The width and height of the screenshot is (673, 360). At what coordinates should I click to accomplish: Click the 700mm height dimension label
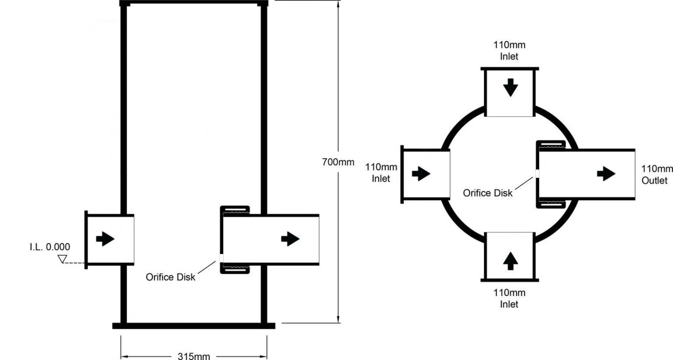click(x=338, y=162)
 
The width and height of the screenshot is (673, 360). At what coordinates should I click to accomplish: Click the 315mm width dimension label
click(x=194, y=356)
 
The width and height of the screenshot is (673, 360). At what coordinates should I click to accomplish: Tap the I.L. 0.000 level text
click(x=50, y=247)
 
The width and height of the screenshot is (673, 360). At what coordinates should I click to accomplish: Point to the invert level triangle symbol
click(x=63, y=260)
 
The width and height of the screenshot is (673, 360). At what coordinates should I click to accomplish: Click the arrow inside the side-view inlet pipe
click(x=105, y=239)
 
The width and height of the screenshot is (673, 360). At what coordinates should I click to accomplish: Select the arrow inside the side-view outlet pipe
click(x=290, y=239)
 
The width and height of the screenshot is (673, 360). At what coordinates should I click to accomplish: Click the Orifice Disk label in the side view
click(x=170, y=277)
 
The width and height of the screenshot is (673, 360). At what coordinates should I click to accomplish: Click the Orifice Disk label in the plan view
click(x=487, y=193)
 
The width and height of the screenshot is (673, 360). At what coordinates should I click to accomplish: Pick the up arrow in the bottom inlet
click(x=510, y=261)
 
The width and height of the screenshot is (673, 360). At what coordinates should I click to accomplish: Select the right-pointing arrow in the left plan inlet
click(x=421, y=174)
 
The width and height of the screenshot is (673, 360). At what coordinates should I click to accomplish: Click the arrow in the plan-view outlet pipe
click(x=606, y=174)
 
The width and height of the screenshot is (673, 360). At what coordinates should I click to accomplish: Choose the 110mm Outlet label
click(x=656, y=174)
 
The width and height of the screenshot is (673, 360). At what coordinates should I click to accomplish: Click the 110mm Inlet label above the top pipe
click(x=509, y=50)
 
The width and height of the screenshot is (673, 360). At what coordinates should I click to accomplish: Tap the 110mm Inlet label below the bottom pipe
click(x=509, y=298)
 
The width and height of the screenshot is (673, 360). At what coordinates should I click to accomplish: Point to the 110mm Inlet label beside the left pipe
click(x=381, y=173)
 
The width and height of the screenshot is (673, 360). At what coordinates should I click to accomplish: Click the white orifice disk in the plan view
click(x=536, y=174)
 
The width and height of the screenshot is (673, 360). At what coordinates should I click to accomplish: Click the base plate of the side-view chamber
click(x=194, y=326)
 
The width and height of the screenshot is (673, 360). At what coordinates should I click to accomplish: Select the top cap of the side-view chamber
click(x=194, y=3)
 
